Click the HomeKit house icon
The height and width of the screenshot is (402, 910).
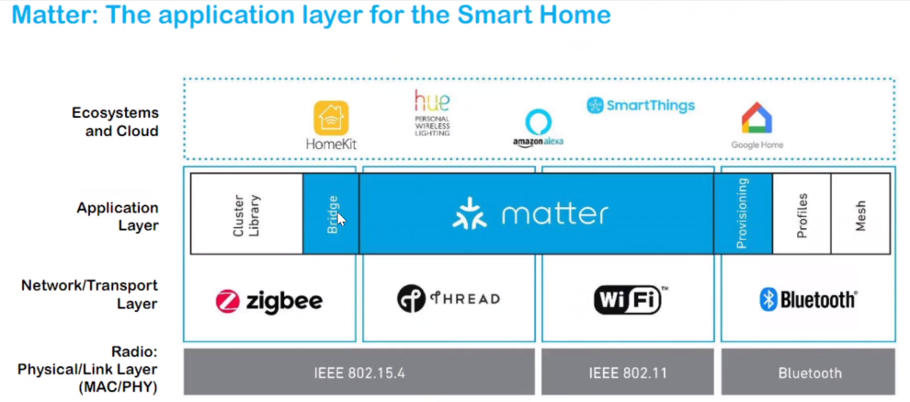pos(331,119)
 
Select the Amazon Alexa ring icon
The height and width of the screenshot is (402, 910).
pos(538,122)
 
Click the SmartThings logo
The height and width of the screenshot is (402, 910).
pos(641,105)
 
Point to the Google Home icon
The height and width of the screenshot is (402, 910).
pos(756,120)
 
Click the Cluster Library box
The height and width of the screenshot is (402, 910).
pos(246,213)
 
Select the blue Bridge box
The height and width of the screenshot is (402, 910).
pos(331,213)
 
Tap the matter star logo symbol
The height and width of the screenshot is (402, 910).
pos(470,213)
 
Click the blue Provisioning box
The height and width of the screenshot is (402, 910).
pos(743,213)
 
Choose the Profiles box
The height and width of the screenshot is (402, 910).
pos(802,213)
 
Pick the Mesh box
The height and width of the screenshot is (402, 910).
pos(860,213)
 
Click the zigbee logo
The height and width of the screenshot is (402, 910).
pos(268,301)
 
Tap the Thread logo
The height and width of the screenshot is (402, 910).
pos(449,299)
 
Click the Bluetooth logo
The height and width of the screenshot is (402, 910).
pos(808,299)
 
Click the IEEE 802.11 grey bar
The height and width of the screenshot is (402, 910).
pos(627,373)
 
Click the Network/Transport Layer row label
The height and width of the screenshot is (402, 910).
pos(89,294)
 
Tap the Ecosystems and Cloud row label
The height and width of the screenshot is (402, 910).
pos(115,121)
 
